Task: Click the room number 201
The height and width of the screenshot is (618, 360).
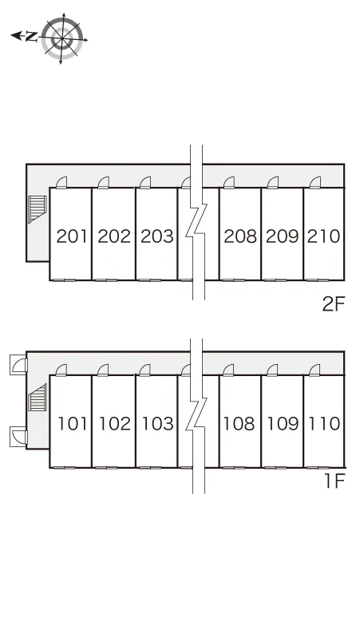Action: (72, 236)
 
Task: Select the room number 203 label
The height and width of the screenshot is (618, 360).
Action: (156, 236)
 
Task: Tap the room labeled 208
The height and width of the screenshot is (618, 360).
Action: (240, 236)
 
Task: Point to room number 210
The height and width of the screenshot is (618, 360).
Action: (323, 236)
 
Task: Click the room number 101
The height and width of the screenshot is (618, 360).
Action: (73, 423)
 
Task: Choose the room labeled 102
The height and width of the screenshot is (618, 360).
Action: (115, 423)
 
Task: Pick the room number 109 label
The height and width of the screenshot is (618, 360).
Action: (283, 423)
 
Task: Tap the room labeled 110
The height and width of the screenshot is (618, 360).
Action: (324, 423)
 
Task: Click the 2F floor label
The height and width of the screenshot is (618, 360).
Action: (334, 304)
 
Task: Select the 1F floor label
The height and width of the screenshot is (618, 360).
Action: (334, 481)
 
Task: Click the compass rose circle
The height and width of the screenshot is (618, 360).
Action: (62, 38)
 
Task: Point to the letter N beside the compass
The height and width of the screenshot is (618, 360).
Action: (30, 37)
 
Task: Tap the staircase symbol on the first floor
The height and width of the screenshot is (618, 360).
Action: (37, 398)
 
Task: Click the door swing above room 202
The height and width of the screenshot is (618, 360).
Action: (104, 183)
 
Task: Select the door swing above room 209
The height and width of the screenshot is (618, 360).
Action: (272, 183)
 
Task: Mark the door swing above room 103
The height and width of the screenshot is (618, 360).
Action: (145, 370)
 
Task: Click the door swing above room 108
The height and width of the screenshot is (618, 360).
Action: (228, 370)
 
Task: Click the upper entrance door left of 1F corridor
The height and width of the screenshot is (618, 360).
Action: (18, 365)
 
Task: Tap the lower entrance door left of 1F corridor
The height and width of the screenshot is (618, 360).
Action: (18, 437)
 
